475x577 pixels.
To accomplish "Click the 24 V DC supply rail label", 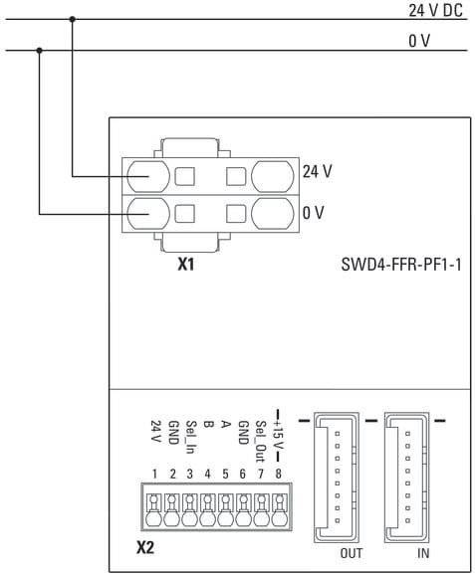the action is (x=435, y=10).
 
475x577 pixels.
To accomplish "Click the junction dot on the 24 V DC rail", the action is (x=73, y=19).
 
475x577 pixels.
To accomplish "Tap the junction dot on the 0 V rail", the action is (x=40, y=50).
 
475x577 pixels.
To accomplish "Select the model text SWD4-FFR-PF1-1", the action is (x=401, y=265).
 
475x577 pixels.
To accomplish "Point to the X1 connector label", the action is (x=186, y=264).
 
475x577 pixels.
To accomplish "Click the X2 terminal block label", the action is (x=145, y=548).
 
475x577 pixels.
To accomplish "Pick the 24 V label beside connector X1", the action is (x=317, y=171).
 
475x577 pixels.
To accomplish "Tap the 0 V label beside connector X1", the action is (x=313, y=213).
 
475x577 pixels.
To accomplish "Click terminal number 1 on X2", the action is (x=154, y=474).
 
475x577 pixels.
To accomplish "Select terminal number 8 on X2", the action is (x=279, y=474).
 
